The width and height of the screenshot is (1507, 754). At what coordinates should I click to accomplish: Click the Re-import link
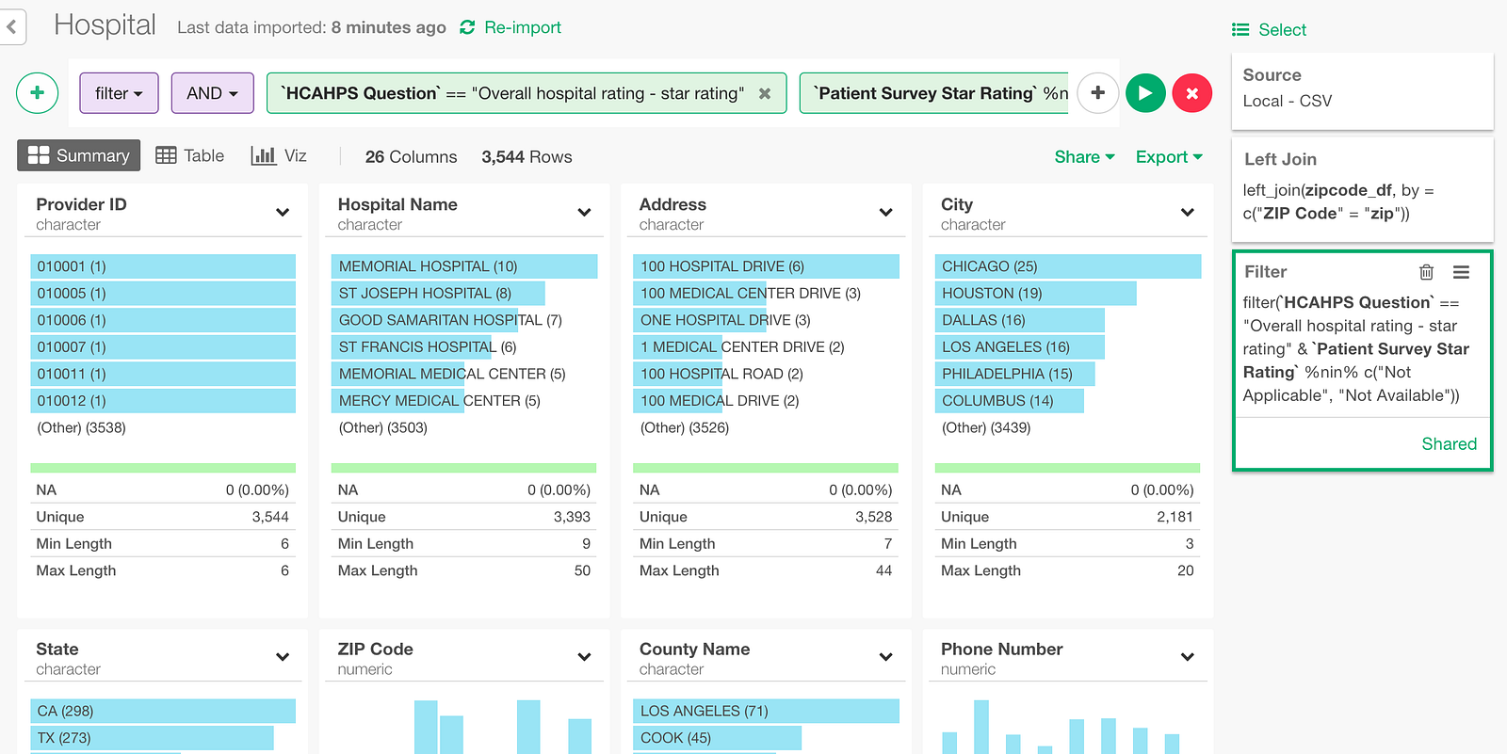point(510,27)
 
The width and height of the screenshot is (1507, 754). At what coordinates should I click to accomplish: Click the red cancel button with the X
point(1191,93)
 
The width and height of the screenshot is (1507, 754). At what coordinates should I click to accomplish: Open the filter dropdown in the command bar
point(119,93)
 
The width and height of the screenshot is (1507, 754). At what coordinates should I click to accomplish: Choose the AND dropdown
point(213,93)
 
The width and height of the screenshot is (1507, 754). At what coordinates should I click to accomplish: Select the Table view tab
point(189,156)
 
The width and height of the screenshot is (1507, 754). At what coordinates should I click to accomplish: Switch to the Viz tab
point(279,156)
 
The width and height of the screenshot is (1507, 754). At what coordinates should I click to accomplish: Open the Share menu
point(1084,156)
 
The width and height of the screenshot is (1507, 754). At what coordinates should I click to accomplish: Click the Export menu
point(1169,156)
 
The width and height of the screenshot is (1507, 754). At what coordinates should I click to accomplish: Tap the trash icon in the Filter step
point(1426,272)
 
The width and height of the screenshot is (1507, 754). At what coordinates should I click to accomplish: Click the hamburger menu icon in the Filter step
point(1461,272)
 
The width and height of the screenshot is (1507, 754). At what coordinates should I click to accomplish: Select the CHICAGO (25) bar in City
point(1068,266)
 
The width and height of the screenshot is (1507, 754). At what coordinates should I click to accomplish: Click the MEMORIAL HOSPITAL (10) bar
point(464,266)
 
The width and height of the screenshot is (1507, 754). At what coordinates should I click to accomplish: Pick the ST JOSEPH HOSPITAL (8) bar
point(438,294)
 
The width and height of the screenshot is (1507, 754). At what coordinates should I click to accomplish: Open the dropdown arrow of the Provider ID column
point(283,213)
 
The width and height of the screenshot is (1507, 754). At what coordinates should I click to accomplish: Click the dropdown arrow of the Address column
point(886,213)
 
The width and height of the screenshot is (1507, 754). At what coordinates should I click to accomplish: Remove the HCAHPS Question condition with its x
point(765,93)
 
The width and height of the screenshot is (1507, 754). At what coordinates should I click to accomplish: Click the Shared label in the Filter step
point(1450,444)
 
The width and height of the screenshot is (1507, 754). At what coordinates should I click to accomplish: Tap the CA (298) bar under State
point(163,711)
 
